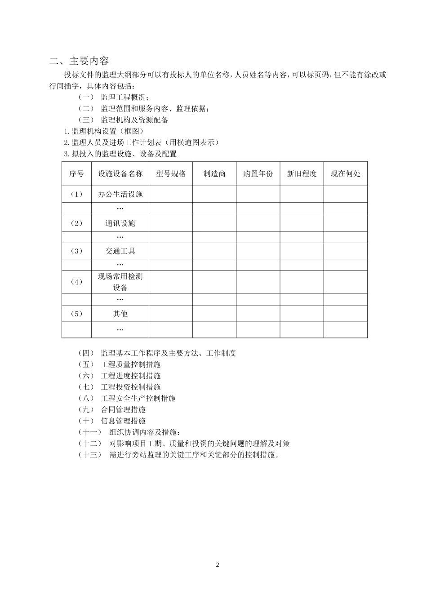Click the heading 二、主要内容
79,61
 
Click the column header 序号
76,174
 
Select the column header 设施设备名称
120,174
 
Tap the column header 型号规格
171,174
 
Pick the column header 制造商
214,174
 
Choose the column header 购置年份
258,174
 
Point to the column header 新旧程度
302,174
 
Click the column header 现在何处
345,174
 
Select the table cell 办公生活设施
120,194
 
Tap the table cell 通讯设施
120,223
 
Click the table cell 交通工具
120,251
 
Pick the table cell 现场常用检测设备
120,282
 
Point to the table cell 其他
120,314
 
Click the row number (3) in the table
76,251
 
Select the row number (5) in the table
76,314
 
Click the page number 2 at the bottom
218,565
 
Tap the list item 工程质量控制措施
130,364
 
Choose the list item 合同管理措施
123,409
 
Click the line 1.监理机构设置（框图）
104,131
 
